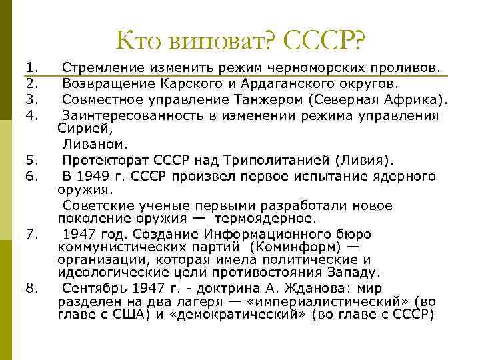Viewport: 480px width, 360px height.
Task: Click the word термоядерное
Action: coord(271,219)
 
